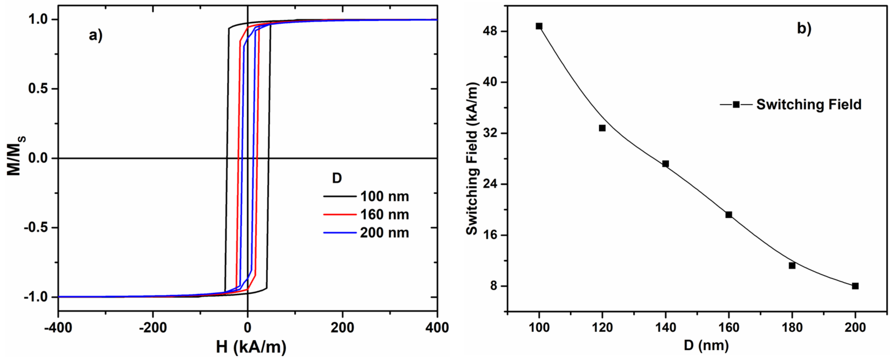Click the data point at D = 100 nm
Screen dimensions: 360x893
tap(539, 26)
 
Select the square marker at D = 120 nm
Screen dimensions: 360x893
tap(602, 128)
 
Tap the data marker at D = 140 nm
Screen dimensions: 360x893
tap(665, 164)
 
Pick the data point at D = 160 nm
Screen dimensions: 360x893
tap(729, 215)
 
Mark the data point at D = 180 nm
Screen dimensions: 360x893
tap(792, 266)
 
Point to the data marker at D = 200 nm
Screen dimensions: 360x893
tap(855, 286)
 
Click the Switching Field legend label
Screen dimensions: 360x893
tap(809, 105)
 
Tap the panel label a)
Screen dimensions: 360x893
tap(96, 35)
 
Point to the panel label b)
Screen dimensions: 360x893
tap(804, 28)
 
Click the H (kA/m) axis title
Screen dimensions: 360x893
tap(251, 347)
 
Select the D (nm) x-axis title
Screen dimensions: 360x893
tap(706, 346)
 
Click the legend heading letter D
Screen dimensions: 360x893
tap(337, 178)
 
